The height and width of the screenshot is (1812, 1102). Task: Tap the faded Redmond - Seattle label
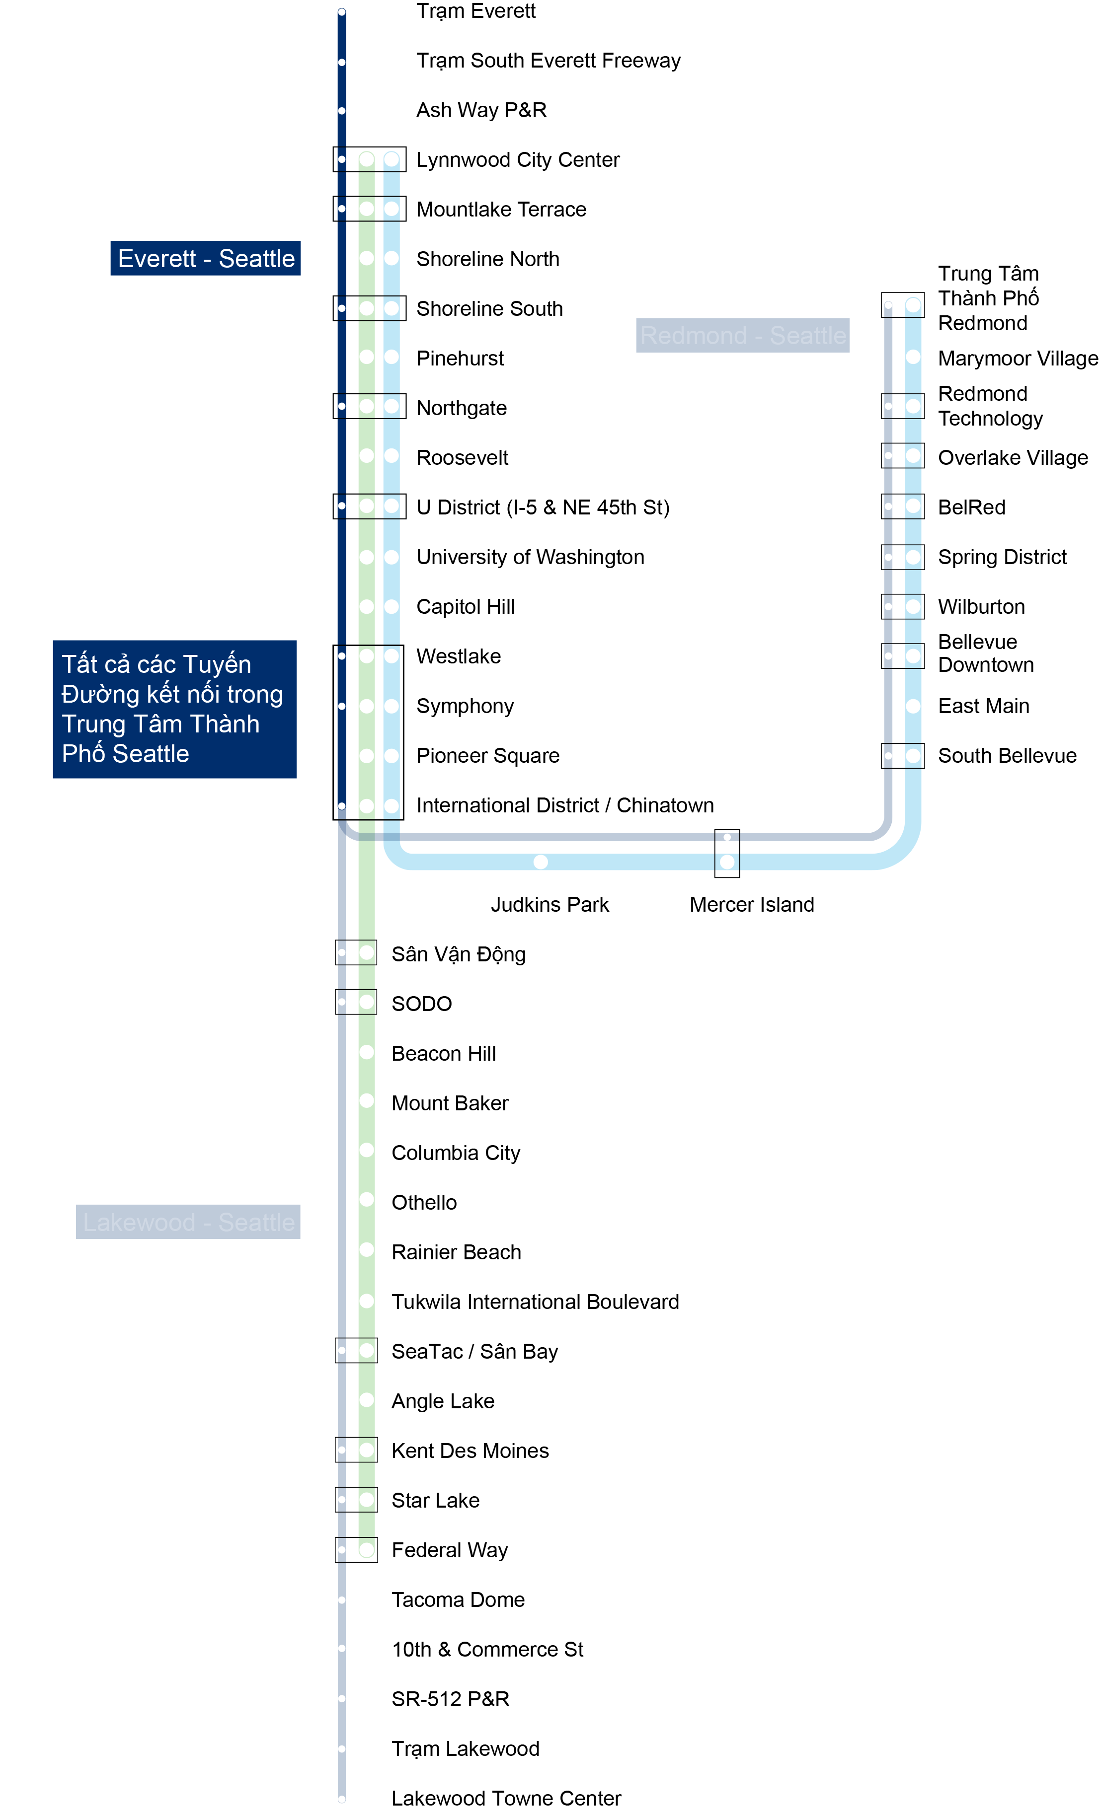click(x=742, y=335)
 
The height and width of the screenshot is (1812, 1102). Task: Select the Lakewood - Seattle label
click(x=188, y=1222)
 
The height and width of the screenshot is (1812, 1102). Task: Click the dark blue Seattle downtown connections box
click(x=174, y=709)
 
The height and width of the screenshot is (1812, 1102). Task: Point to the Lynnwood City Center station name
click(x=517, y=159)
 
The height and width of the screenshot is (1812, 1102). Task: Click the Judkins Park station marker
click(x=541, y=861)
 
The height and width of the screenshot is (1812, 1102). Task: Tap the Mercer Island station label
click(x=751, y=905)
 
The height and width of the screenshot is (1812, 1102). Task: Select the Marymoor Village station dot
click(x=913, y=358)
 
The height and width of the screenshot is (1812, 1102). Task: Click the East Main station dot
click(x=913, y=706)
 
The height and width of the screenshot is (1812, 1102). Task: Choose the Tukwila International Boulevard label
click(x=535, y=1302)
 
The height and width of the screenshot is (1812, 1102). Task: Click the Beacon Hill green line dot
click(x=366, y=1052)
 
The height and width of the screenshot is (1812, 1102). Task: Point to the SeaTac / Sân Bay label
click(x=474, y=1352)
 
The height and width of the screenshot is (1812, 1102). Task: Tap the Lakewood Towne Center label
click(x=506, y=1798)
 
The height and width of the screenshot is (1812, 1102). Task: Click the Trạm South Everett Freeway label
click(x=548, y=60)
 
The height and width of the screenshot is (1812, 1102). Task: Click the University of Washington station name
click(x=530, y=557)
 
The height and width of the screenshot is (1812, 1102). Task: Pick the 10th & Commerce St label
click(x=487, y=1650)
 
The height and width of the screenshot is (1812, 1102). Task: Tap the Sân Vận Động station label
click(x=458, y=954)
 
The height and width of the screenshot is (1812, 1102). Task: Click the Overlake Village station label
click(x=1012, y=457)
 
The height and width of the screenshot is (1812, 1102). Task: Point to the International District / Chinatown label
click(x=564, y=805)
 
